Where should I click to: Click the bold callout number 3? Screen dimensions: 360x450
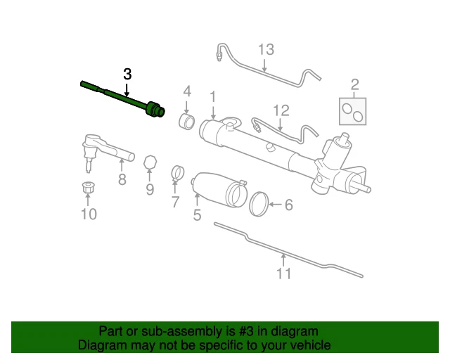tap(127, 74)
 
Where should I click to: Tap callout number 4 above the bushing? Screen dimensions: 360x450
tap(187, 91)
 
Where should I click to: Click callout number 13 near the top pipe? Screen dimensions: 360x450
tap(265, 50)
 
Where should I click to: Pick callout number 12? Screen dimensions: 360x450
tap(281, 110)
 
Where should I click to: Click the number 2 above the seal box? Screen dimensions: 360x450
tap(354, 86)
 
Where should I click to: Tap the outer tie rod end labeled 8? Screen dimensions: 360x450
tap(105, 149)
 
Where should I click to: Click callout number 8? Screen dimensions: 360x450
tap(122, 179)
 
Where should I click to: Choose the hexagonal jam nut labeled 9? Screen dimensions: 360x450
tap(149, 163)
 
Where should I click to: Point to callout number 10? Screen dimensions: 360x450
tap(89, 214)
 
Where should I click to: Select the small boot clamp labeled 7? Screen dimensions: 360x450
tap(178, 172)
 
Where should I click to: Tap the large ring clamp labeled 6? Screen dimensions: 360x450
tap(261, 204)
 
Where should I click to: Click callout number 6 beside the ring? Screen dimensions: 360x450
tap(288, 205)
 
